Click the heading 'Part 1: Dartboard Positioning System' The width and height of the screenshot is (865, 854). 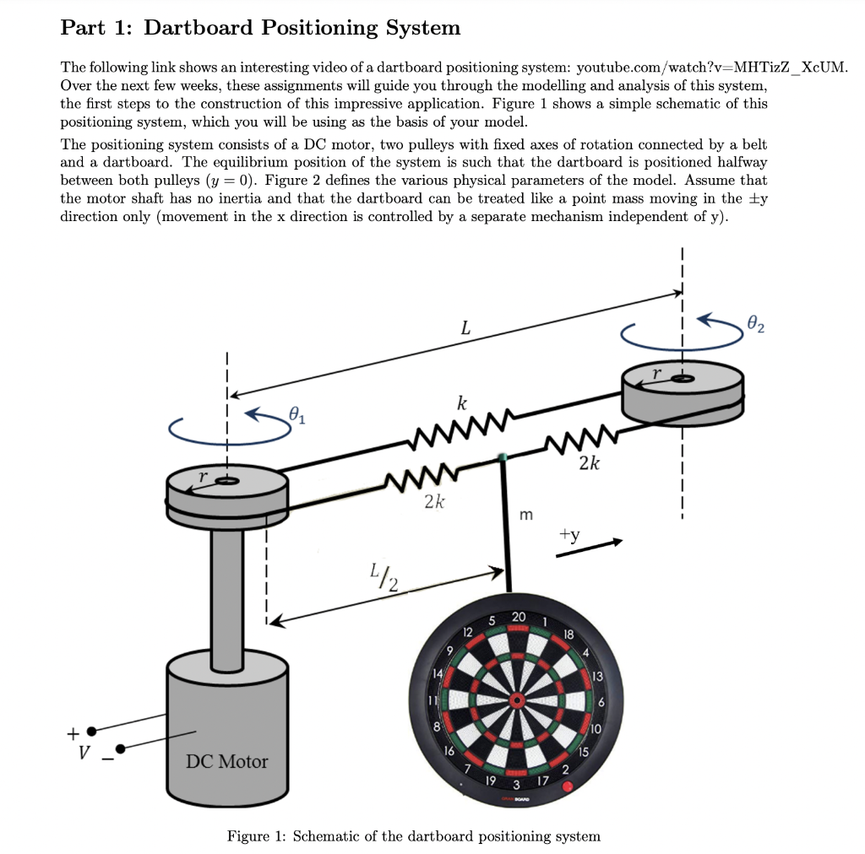click(x=260, y=28)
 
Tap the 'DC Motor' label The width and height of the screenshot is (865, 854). click(x=226, y=761)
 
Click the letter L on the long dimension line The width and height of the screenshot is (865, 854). click(x=464, y=329)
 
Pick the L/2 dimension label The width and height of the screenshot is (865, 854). click(x=384, y=580)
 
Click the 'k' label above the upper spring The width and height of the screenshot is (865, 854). click(x=462, y=403)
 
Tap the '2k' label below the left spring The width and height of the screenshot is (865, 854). click(x=433, y=503)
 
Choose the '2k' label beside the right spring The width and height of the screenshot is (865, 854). click(x=590, y=463)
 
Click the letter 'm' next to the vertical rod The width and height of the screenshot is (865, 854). click(x=526, y=514)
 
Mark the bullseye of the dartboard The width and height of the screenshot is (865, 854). click(x=514, y=700)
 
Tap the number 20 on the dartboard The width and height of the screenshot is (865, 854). click(x=519, y=617)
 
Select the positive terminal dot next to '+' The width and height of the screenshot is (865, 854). click(x=91, y=732)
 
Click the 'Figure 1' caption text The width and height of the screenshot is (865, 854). click(x=414, y=836)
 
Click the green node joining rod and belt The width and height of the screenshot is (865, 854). click(x=503, y=457)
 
